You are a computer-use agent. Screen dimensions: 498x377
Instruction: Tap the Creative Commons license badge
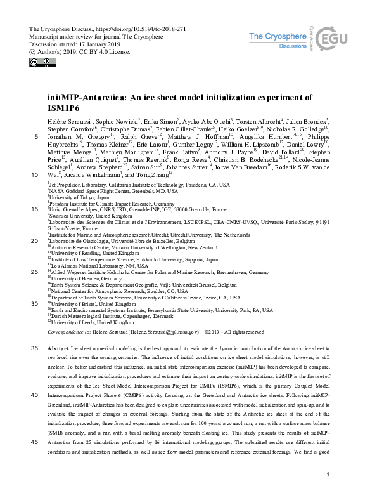(x=37, y=62)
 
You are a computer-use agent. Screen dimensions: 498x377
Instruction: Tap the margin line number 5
(x=36, y=137)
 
